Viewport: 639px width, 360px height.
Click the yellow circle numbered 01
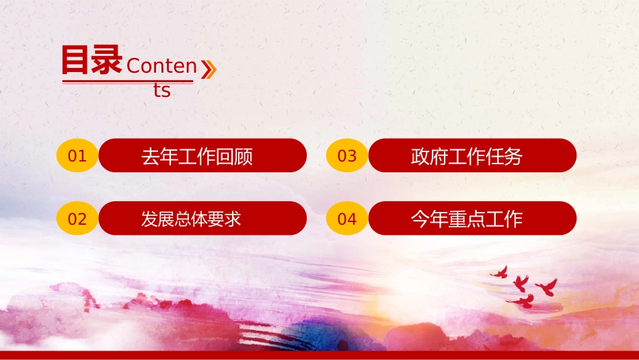(x=77, y=155)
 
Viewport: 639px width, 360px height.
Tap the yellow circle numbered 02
(x=77, y=218)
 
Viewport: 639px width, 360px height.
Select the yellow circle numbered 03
(x=347, y=155)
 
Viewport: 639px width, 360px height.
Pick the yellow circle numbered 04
(x=347, y=218)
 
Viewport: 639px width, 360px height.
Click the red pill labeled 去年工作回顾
(x=202, y=155)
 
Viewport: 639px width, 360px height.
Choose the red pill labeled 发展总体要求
(x=202, y=218)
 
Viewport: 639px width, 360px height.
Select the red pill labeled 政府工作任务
(x=472, y=155)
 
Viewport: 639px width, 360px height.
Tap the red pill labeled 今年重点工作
(x=472, y=218)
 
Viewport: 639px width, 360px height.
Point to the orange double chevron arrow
(x=209, y=69)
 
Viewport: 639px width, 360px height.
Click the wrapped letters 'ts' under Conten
(x=162, y=90)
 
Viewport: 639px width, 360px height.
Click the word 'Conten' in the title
(x=162, y=66)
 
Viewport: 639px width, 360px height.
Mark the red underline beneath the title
(x=128, y=82)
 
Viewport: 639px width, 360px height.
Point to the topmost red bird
(x=500, y=273)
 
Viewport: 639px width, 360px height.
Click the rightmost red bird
(x=547, y=287)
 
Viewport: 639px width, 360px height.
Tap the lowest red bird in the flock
(x=523, y=301)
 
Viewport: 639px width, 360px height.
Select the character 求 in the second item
(x=232, y=219)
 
